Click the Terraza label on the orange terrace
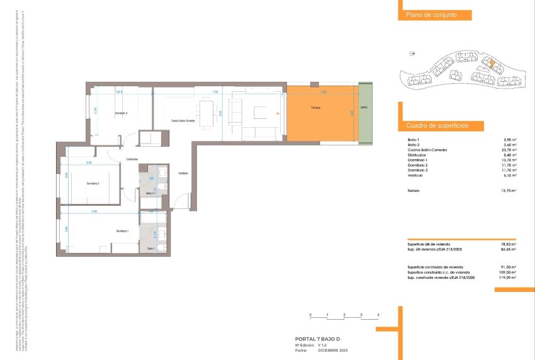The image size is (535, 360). pos(315,108)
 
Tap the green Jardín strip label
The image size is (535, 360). pos(364,108)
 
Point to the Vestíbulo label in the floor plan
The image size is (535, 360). pos(183,172)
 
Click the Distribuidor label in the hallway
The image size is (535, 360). pos(132,159)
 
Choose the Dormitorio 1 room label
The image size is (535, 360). pos(122,232)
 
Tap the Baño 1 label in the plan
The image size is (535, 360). pos(151,249)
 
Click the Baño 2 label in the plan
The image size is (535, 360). pos(150,193)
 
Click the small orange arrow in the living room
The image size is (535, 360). pos(278,114)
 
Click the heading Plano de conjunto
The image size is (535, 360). pos(426,15)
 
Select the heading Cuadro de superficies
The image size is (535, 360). pos(437,126)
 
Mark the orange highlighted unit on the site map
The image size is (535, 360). pos(488,63)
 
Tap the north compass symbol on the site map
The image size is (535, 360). pos(412,54)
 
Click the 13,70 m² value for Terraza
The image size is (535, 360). pos(507,191)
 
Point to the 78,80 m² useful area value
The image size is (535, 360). pos(507,244)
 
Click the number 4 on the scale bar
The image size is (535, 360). pos(378,314)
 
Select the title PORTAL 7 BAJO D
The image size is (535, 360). pos(322,339)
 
